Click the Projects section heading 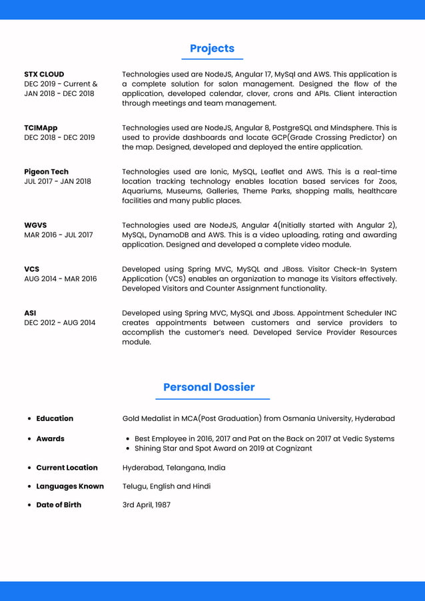(212, 49)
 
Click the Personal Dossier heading (209, 387)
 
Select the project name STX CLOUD (44, 75)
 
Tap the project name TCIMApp (41, 128)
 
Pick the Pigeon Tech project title (46, 172)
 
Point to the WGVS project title (35, 225)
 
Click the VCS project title (31, 269)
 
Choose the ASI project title (30, 313)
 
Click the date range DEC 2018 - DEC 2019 (59, 138)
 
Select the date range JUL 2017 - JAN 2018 (57, 181)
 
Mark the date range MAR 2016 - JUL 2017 (58, 235)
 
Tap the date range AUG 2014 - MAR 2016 (60, 279)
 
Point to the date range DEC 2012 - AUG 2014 (59, 323)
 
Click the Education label (55, 418)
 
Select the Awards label (50, 439)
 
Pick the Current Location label (67, 468)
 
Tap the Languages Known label (70, 486)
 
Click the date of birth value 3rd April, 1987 (146, 505)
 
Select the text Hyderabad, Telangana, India (173, 468)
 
